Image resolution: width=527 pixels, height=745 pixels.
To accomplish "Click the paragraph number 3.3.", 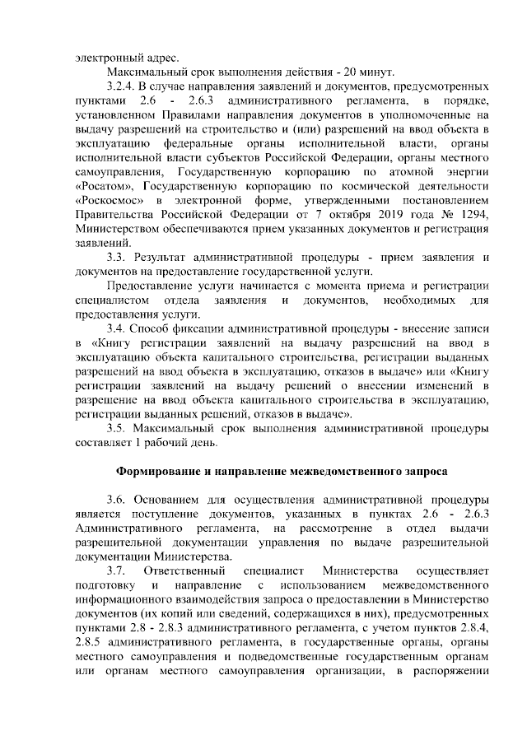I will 116,256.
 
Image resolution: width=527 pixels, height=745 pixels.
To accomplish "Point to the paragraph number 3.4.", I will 116,328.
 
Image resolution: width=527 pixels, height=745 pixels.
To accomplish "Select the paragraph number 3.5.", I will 116,428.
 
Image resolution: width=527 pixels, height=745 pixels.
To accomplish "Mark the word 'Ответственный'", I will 184,571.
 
